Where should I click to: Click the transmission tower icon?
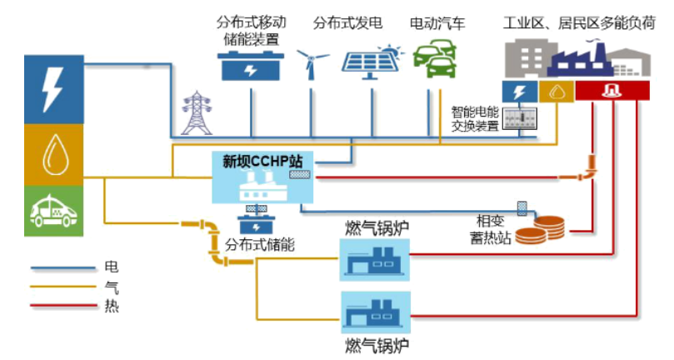tap(197, 112)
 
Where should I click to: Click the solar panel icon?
tap(371, 62)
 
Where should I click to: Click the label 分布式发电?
tap(348, 23)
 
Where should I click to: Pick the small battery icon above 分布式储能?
tap(257, 225)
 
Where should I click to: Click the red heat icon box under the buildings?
tap(610, 91)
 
